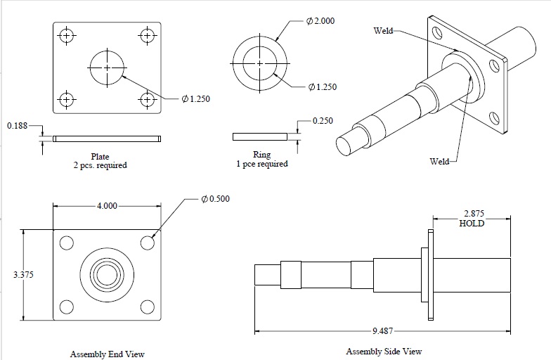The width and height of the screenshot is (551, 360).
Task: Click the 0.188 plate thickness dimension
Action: [x=17, y=126]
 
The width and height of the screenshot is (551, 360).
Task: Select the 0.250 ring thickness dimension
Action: [x=323, y=121]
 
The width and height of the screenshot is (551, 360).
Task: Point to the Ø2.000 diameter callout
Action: [x=320, y=21]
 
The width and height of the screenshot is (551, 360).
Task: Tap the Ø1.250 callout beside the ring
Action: [x=322, y=87]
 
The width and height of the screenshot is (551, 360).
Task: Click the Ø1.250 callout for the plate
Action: [x=195, y=99]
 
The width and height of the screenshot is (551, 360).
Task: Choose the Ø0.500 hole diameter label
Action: [x=215, y=199]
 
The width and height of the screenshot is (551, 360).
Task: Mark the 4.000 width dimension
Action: [x=108, y=206]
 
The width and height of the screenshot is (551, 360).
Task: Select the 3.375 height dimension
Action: [x=23, y=274]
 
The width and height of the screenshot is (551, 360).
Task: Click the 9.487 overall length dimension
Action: [x=384, y=331]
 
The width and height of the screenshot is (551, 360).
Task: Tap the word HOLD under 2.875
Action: [x=471, y=224]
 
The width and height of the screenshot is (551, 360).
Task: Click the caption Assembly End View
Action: [x=107, y=354]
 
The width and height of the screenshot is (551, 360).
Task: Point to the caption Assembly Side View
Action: [x=384, y=351]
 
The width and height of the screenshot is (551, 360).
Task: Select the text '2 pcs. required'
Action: [x=100, y=166]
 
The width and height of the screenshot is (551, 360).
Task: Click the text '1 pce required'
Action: [x=261, y=164]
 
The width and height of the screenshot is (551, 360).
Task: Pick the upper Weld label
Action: [x=383, y=30]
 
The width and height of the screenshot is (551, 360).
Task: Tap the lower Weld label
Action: [x=439, y=162]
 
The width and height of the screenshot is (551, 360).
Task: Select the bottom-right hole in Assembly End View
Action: [x=147, y=307]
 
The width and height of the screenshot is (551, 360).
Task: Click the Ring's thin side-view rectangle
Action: [x=259, y=135]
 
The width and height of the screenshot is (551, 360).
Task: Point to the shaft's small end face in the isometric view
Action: [x=346, y=143]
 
